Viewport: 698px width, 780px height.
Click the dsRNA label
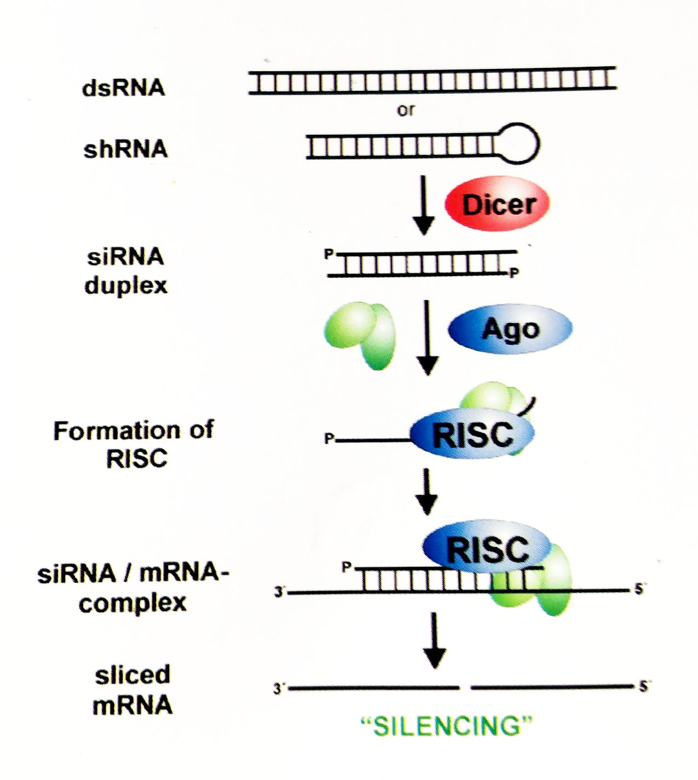click(x=123, y=88)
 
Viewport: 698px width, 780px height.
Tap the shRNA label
click(x=125, y=149)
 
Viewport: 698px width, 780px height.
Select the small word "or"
click(x=406, y=110)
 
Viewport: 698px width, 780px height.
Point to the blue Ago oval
click(x=510, y=329)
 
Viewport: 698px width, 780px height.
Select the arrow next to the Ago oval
click(x=428, y=337)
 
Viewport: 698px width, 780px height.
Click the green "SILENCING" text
click(x=446, y=726)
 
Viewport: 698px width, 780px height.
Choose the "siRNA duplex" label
click(x=125, y=271)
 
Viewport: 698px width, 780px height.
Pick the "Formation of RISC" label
click(x=134, y=444)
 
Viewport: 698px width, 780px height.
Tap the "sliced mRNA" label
click(x=132, y=690)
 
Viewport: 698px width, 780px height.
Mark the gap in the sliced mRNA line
click(x=465, y=687)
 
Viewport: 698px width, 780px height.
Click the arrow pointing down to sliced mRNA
click(x=435, y=640)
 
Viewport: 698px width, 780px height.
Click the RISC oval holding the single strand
click(x=472, y=434)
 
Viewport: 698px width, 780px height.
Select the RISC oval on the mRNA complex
click(x=487, y=548)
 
